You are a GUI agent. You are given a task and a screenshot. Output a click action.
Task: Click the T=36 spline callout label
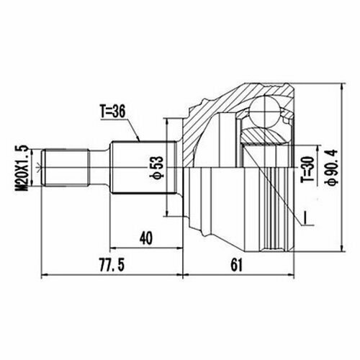pyautogui.click(x=113, y=112)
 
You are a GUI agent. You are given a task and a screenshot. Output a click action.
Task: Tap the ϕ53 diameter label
pyautogui.click(x=156, y=168)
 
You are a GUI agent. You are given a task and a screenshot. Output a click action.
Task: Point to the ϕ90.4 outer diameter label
pyautogui.click(x=331, y=167)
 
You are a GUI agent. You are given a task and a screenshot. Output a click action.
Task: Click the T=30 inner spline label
pyautogui.click(x=307, y=169)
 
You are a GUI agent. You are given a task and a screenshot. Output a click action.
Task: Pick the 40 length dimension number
pyautogui.click(x=146, y=238)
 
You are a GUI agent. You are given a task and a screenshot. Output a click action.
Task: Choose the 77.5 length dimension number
pyautogui.click(x=112, y=265)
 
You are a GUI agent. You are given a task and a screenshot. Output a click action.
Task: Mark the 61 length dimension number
pyautogui.click(x=237, y=265)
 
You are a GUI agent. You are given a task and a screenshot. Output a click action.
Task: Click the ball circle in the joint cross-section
pyautogui.click(x=265, y=112)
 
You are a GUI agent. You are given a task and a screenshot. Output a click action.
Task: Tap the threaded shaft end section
pyautogui.click(x=66, y=167)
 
